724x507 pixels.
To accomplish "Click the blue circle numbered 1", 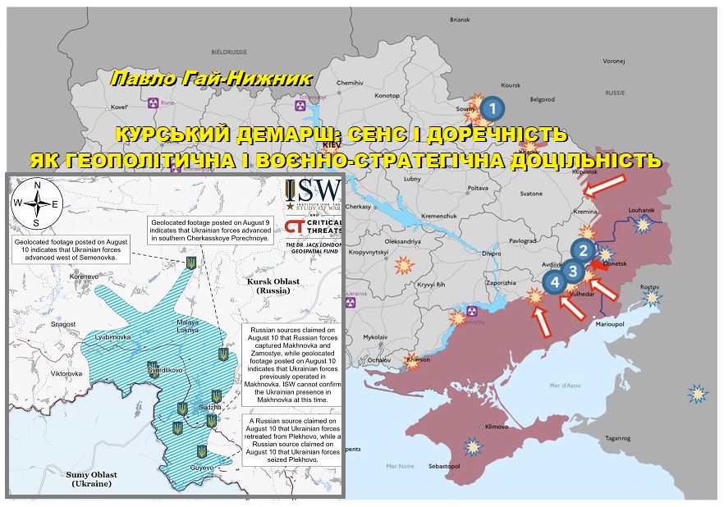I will click(492, 107).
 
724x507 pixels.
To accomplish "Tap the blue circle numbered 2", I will click(583, 252).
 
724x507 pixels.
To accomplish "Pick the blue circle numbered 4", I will click(556, 284).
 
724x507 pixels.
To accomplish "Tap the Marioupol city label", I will click(612, 324).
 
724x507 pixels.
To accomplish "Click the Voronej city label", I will click(614, 61).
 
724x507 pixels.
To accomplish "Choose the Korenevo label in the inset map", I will click(85, 277).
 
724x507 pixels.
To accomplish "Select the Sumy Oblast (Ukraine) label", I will click(92, 479).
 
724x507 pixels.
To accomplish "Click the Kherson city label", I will click(418, 360).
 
